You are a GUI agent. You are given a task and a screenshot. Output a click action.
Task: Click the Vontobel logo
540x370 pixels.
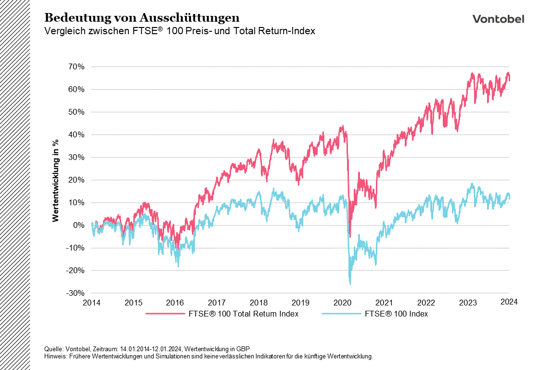498,19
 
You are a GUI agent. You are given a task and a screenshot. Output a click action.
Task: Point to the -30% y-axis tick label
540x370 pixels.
77,293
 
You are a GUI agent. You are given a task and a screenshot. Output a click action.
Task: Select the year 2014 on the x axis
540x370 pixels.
91,303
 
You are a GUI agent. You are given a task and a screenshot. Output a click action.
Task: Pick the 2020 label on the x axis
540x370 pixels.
343,303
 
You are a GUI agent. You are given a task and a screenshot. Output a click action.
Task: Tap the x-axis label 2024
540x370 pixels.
509,302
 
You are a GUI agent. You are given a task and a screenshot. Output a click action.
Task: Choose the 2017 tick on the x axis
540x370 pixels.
217,303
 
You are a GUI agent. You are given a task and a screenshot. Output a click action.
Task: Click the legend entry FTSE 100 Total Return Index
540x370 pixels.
241,314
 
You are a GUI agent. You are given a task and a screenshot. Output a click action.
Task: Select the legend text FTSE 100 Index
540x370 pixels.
396,314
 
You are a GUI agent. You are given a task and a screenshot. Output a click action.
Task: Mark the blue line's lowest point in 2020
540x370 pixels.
350,284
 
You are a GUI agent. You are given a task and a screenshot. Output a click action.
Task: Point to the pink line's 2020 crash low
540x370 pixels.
350,237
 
